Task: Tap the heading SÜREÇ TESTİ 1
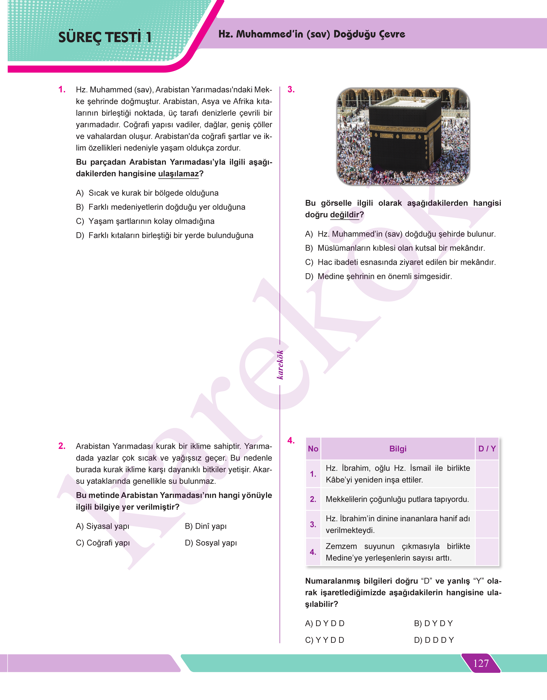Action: [x=105, y=37]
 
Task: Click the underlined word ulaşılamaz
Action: [x=178, y=174]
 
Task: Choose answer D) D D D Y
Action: [x=434, y=640]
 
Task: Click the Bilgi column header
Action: [x=398, y=449]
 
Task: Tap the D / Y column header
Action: [x=487, y=449]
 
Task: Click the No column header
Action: [x=313, y=449]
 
